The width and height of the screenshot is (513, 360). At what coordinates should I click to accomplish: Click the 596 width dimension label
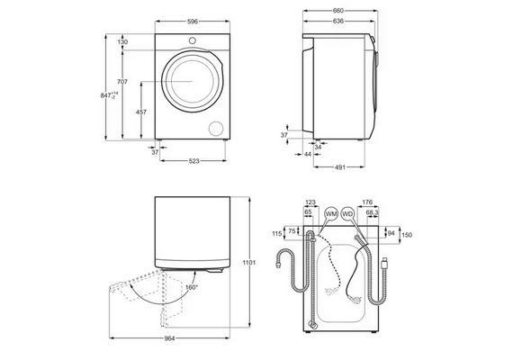click(x=193, y=22)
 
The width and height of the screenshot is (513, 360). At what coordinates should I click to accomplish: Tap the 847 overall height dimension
click(x=109, y=95)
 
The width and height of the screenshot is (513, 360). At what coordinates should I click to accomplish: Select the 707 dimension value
click(x=122, y=82)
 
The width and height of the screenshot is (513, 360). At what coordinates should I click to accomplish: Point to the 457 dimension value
click(x=141, y=112)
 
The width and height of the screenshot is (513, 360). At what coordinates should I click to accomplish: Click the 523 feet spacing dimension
click(x=194, y=161)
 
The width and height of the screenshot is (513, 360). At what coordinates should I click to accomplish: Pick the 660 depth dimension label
click(x=338, y=11)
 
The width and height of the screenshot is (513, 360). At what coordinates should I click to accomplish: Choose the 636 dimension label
click(x=338, y=22)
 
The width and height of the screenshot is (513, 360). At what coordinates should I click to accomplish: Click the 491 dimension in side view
click(x=340, y=167)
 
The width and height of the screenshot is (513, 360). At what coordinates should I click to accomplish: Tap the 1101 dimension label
click(x=249, y=263)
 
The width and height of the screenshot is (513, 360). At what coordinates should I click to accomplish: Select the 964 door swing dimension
click(x=169, y=338)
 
